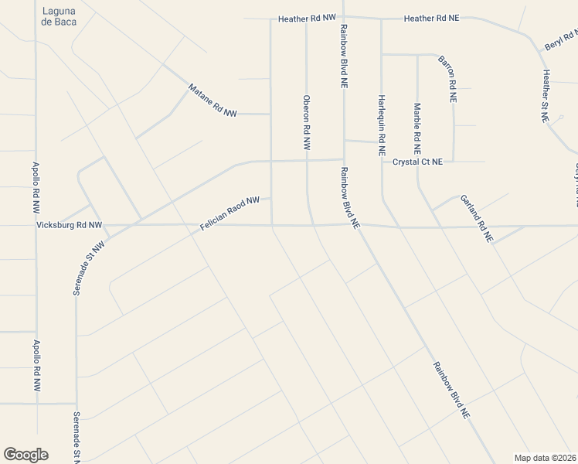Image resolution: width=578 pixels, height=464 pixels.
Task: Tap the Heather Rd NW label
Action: pos(308,17)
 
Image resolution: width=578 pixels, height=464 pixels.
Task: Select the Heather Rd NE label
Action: pos(431,18)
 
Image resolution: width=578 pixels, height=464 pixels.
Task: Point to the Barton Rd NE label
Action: pos(447,79)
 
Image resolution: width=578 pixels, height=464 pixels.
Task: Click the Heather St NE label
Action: pos(546,97)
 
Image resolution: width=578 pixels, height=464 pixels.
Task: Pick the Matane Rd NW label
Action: pos(212,101)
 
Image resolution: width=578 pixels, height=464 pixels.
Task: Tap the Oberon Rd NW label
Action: pos(307,122)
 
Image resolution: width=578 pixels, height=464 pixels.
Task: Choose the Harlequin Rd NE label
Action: pos(382,118)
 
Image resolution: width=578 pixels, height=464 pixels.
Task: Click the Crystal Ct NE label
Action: pos(418,162)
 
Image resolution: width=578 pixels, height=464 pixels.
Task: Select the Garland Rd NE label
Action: pos(476,219)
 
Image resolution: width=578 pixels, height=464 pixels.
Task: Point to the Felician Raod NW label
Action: pos(229,213)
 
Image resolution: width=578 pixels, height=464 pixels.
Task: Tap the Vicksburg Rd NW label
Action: pos(70,226)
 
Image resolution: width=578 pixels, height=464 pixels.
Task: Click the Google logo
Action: pos(25,455)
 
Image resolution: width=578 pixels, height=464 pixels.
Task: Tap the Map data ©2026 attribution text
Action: pos(546,458)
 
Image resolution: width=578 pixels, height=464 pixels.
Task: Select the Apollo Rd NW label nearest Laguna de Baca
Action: pos(36,188)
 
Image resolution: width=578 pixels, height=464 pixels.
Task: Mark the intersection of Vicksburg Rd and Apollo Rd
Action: pos(36,226)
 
